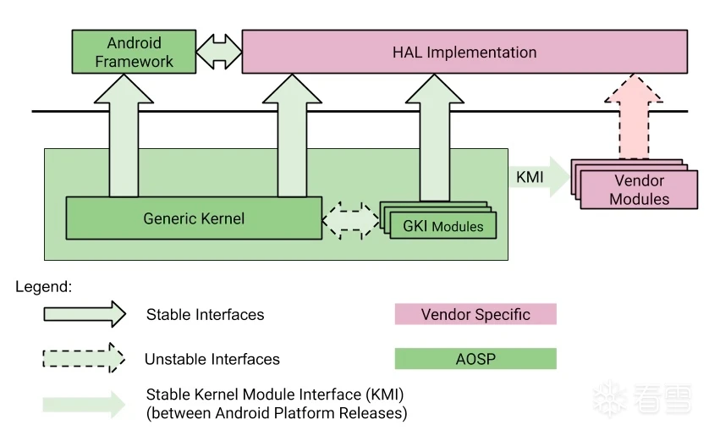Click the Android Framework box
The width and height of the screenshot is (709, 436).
click(134, 52)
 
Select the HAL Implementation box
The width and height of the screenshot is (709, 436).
click(464, 52)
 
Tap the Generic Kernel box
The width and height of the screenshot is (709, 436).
click(194, 219)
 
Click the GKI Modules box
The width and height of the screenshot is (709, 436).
click(442, 226)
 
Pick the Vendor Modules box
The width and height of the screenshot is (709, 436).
click(639, 190)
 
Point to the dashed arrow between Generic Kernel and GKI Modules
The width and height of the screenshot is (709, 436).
click(351, 219)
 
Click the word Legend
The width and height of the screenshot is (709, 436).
click(44, 287)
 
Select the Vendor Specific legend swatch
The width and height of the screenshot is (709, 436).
click(475, 314)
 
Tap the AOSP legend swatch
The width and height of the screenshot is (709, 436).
click(475, 359)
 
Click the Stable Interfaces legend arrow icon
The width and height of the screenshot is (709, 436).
click(85, 315)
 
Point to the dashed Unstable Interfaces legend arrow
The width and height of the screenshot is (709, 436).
click(85, 359)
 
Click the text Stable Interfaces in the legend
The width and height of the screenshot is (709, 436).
click(205, 315)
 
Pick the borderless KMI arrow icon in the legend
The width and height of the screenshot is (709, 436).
click(85, 404)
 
